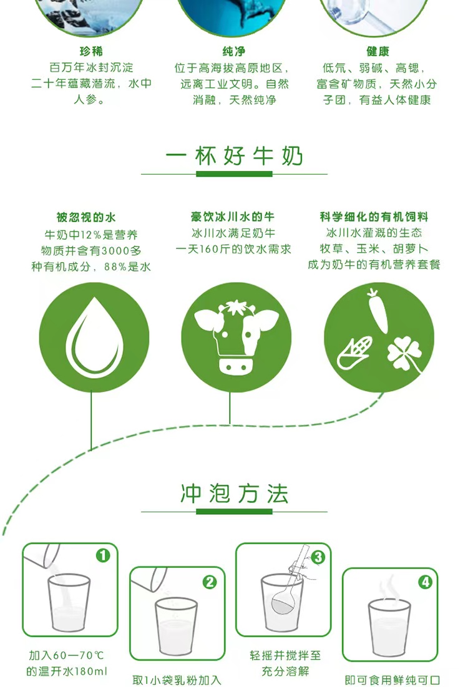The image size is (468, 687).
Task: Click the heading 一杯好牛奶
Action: (x=235, y=155)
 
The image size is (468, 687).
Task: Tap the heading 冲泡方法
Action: (x=235, y=494)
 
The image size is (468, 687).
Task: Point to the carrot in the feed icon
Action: (x=378, y=310)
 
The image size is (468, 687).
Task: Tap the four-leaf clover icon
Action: (x=404, y=354)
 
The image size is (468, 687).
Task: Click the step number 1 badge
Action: (x=103, y=555)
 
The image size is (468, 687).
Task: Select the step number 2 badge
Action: (x=210, y=582)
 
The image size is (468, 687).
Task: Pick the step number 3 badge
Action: (x=318, y=557)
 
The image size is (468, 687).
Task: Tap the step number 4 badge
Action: (x=426, y=582)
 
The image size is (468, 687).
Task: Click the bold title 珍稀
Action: (x=91, y=51)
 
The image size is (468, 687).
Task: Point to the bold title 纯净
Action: (x=233, y=51)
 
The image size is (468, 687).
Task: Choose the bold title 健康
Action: (x=378, y=51)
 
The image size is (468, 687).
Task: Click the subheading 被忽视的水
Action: (x=86, y=217)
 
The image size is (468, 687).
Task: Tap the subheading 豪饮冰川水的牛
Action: (x=233, y=217)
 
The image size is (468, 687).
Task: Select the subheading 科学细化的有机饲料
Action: (x=374, y=217)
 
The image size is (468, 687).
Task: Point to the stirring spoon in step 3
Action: (x=292, y=579)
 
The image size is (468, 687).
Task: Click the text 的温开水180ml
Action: (x=67, y=671)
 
